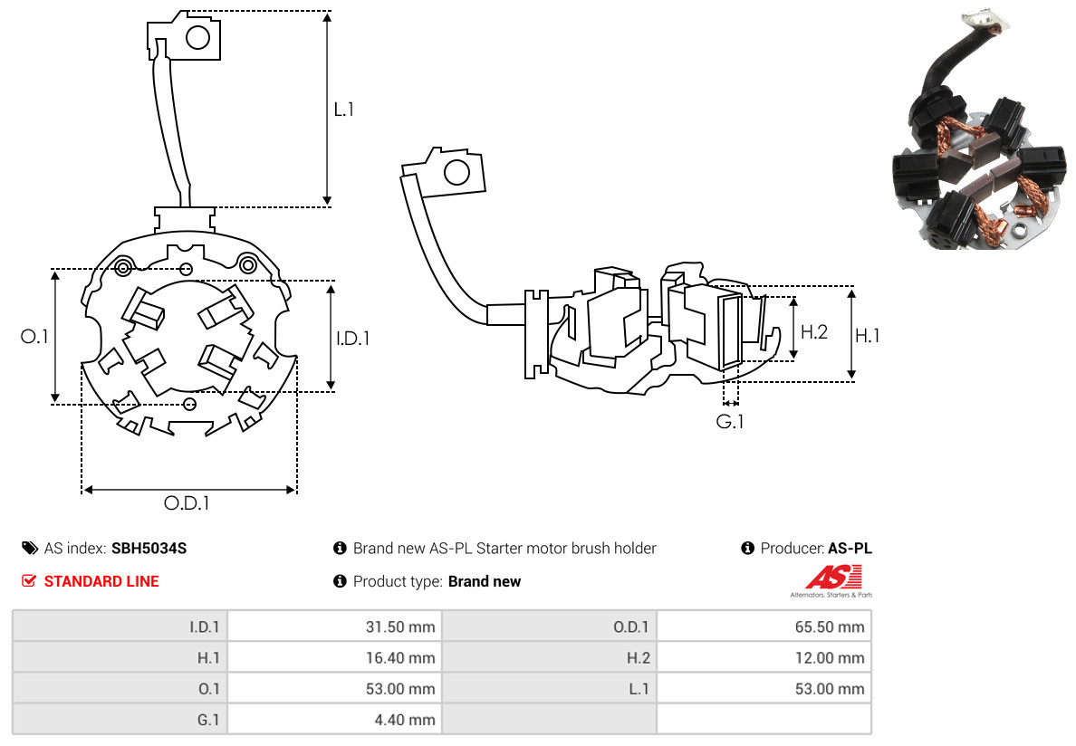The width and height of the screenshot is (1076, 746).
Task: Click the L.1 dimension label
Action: coord(344,110)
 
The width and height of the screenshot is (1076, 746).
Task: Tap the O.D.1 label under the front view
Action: coord(187,503)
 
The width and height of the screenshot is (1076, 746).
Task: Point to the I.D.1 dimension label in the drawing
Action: coord(352,339)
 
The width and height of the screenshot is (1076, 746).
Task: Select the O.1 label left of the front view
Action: coord(34,337)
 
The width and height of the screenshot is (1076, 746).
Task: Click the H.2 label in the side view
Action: coord(814,331)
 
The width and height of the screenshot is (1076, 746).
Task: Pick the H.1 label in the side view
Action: coord(868,336)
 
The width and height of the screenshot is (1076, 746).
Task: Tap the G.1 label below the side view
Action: coord(730,422)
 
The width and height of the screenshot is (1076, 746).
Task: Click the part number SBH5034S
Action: coord(149,548)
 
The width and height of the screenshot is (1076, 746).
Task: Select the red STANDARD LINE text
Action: coord(101,581)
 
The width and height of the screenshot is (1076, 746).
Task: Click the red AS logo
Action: coord(832,576)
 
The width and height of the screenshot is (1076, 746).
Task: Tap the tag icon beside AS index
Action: coord(30,548)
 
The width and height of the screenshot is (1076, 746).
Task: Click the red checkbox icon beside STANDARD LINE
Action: coord(29,581)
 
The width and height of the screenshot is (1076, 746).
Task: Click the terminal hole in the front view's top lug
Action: coord(197,37)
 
